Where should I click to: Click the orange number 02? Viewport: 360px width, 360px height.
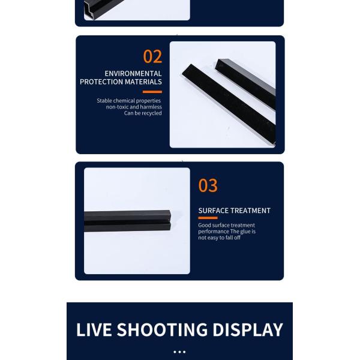tap(152, 56)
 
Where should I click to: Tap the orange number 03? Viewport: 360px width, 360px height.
tap(208, 185)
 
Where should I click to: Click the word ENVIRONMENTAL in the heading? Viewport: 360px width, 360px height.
tap(133, 73)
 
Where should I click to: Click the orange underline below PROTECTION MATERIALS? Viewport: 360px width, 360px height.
tap(152, 92)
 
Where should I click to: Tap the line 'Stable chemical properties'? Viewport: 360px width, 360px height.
tap(128, 101)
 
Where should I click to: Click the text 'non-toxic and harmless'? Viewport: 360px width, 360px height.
tap(134, 107)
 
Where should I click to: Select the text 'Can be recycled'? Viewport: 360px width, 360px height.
tap(143, 113)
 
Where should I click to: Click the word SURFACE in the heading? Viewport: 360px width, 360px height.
tap(214, 211)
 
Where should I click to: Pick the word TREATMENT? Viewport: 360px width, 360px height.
tap(250, 211)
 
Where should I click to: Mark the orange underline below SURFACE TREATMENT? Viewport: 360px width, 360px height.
tap(208, 218)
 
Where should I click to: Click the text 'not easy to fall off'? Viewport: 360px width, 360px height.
tap(219, 238)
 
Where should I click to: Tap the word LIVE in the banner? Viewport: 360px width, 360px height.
tap(94, 329)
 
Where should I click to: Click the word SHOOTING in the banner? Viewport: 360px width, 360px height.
tap(162, 329)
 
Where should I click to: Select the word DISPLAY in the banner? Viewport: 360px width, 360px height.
tap(248, 329)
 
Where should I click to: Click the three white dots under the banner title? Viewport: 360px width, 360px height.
tap(179, 352)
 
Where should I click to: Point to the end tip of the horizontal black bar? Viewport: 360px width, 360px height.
tap(170, 220)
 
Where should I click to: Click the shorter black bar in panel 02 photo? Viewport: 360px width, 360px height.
tap(245, 84)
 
